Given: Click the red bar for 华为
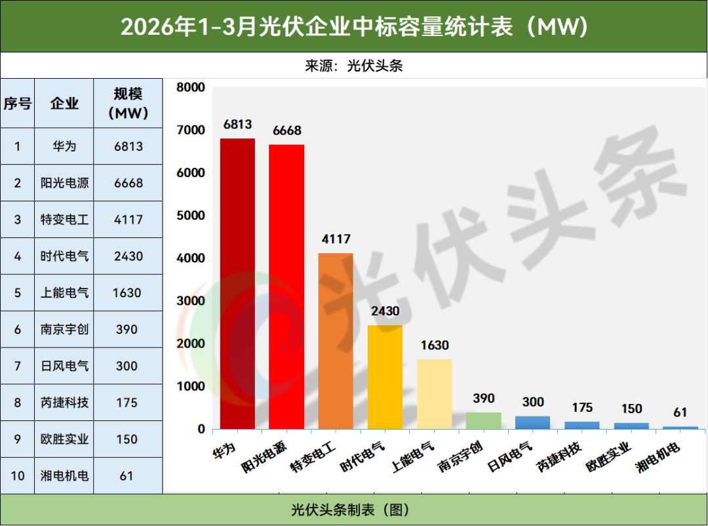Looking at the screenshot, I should pos(237,283).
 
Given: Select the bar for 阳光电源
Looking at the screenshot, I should pos(286,287).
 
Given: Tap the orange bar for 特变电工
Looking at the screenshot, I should pos(336,341).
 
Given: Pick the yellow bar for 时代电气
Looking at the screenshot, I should pos(385,377).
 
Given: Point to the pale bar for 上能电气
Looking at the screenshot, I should pos(435,394).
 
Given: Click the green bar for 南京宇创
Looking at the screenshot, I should pos(484,420).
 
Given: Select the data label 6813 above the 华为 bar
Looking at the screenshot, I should pos(237,125).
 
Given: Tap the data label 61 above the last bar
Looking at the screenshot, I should pos(680,413).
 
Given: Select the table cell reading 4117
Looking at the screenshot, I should pos(128,220).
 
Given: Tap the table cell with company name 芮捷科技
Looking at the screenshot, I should pos(64,403).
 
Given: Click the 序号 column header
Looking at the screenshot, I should pos(18,104).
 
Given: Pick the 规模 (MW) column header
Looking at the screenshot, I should pos(128,104).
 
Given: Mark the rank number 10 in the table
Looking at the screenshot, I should pos(18,475).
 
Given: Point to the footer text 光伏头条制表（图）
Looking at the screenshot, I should pos(353,510).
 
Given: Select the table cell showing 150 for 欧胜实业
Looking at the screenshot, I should pos(128,439).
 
